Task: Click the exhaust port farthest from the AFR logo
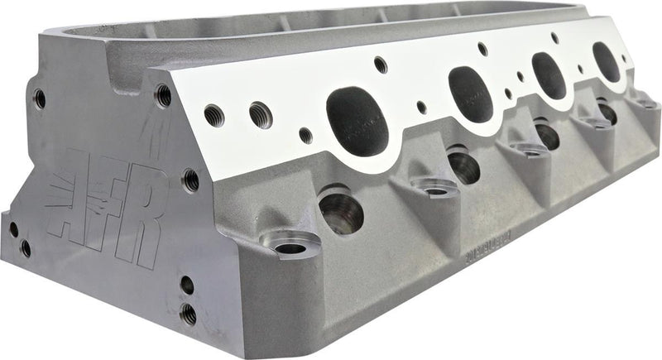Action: coord(606,62)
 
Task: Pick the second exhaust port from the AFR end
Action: coord(472,89)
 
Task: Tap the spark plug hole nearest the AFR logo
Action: coord(341,212)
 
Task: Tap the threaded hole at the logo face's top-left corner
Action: coord(39,99)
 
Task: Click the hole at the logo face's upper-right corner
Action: coord(163,96)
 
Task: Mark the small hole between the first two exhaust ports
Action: coord(422,107)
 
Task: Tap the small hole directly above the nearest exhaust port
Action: coord(380,64)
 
